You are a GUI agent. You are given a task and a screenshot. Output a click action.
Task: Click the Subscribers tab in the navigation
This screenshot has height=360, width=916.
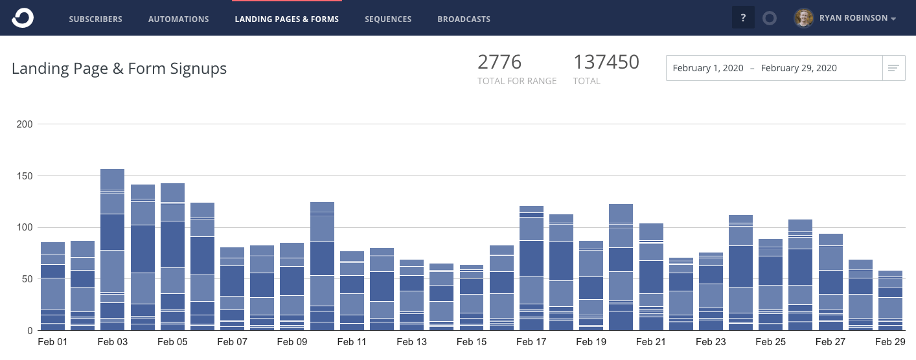95,19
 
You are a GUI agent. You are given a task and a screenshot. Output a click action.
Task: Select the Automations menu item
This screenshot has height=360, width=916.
178,19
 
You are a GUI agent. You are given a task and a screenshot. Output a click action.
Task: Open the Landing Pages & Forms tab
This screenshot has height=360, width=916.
286,19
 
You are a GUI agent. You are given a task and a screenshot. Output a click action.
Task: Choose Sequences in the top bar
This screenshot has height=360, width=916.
388,19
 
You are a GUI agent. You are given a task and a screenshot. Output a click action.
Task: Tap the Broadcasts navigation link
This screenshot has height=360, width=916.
464,19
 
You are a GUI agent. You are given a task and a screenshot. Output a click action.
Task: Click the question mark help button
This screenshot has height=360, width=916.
743,18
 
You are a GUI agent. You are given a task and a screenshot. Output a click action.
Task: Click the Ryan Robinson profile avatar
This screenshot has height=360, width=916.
804,18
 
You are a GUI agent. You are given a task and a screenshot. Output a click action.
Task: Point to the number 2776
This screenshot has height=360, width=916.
499,62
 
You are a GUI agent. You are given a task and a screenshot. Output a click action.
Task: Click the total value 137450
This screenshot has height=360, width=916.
606,62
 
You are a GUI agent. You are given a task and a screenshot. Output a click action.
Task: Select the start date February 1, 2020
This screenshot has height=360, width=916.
707,68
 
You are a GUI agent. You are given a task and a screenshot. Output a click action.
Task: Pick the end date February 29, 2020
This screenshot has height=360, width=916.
799,68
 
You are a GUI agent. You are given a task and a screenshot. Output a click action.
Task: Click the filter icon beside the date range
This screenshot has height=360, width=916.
893,68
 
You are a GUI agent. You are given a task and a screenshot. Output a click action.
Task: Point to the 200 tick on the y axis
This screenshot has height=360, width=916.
25,124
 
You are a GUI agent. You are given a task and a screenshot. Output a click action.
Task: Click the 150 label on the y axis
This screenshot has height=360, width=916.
25,175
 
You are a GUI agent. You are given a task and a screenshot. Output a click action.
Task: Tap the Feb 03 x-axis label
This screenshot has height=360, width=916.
113,342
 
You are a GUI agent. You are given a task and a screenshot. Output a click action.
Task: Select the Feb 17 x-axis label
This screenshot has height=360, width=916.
531,342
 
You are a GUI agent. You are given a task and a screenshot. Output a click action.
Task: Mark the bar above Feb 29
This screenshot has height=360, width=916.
890,300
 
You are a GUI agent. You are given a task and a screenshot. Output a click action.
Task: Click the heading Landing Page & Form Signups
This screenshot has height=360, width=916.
119,68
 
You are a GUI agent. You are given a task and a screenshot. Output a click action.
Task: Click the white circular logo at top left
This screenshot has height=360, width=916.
22,18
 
